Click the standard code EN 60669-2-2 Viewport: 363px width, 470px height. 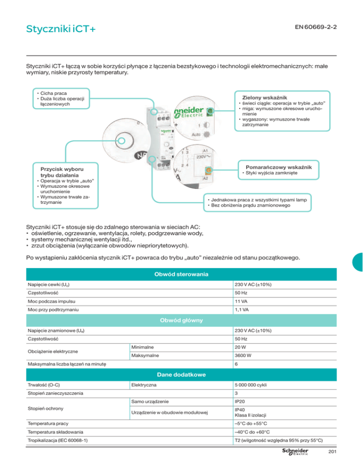pos(314,27)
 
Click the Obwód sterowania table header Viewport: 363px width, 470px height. pos(181,274)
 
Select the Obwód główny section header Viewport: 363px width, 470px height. pos(181,321)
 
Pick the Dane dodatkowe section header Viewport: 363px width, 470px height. pos(181,375)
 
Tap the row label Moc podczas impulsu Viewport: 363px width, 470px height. pos(53,301)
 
